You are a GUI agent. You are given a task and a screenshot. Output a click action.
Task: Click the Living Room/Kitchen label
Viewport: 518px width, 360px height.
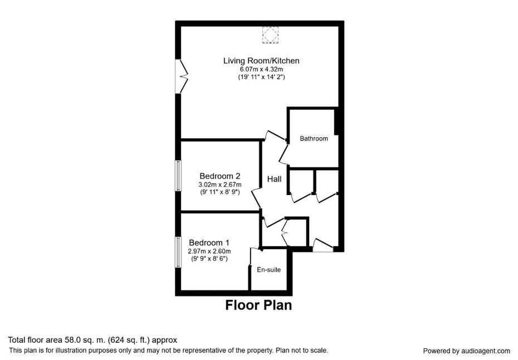(261, 61)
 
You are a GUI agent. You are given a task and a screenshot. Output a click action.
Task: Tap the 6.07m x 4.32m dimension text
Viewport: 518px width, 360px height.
(261, 70)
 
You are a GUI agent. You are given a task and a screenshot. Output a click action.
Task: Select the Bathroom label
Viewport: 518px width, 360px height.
(314, 139)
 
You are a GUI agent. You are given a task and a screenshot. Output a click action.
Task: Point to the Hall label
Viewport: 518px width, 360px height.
(274, 179)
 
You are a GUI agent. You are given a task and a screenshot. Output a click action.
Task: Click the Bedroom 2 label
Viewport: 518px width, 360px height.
(219, 176)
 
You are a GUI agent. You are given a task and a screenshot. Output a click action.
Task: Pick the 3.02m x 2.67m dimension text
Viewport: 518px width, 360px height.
(219, 184)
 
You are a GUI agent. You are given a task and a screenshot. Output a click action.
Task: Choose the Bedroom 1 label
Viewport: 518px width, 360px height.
(209, 242)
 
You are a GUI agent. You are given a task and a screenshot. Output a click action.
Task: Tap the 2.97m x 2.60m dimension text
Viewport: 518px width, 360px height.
(209, 251)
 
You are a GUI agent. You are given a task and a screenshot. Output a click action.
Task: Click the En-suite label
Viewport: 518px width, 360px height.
(269, 270)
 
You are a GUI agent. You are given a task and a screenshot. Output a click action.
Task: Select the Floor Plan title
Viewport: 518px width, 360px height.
(258, 305)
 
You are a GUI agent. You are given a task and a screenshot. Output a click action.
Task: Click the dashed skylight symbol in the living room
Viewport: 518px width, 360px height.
(270, 35)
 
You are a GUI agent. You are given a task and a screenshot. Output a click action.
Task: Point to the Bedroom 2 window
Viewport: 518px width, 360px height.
(178, 176)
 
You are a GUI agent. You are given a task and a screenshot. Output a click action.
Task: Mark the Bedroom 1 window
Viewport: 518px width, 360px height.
(178, 252)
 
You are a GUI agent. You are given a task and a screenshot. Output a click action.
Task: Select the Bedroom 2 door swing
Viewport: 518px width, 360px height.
(256, 198)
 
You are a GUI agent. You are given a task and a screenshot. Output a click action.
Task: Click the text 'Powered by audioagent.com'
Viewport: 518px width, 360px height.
(466, 351)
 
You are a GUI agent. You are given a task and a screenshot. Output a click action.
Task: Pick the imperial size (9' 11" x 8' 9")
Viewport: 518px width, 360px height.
(219, 192)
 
